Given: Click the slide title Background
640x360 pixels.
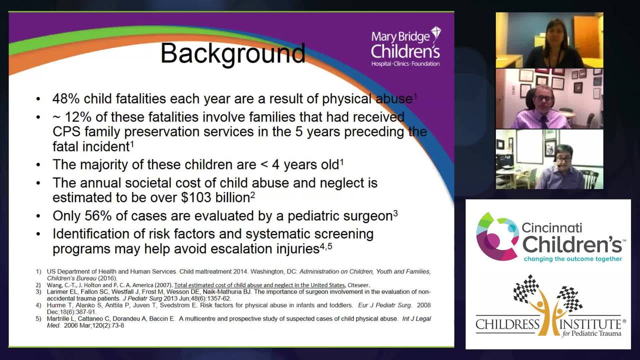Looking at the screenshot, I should tap(232, 53).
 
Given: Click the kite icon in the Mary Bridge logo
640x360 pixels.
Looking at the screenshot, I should tap(435, 33).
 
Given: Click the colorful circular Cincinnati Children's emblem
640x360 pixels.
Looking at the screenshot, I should tap(496, 236).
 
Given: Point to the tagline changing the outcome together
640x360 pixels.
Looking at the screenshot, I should tap(573, 259).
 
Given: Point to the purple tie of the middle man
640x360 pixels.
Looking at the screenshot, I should tap(543, 121).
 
